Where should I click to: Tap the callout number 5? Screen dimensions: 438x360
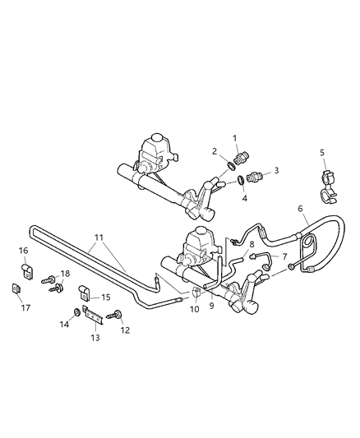[321, 152]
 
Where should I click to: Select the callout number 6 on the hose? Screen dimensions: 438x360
[302, 209]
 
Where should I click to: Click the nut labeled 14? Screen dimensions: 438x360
[76, 311]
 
